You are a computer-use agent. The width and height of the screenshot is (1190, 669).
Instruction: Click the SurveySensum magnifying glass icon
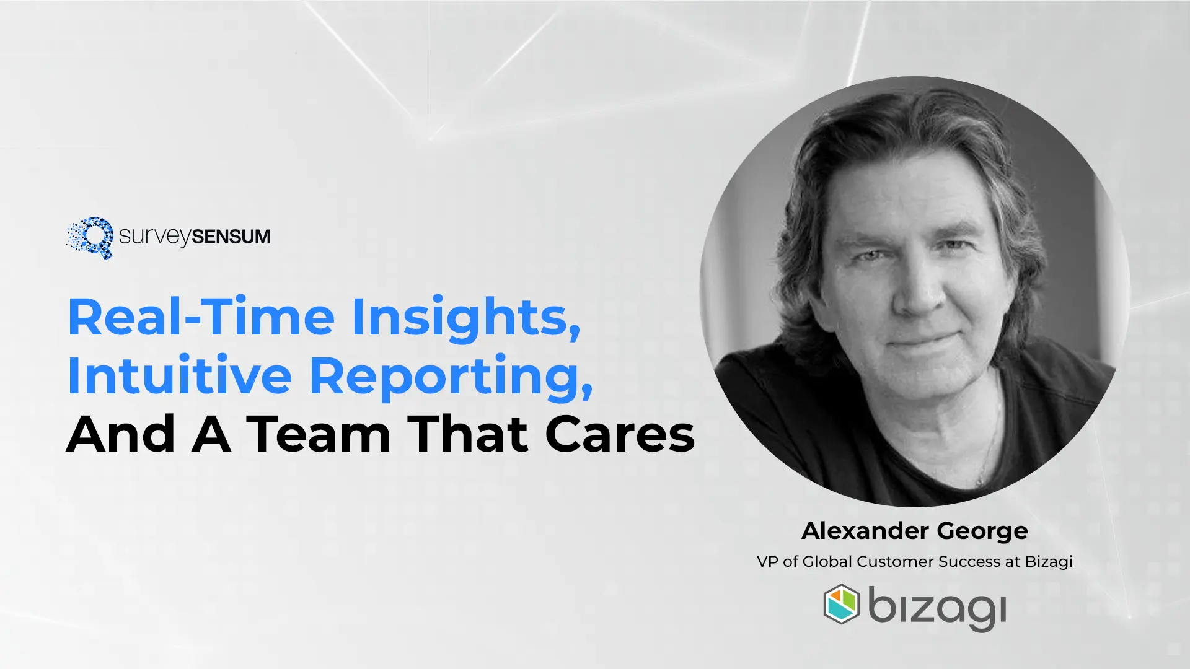pos(90,237)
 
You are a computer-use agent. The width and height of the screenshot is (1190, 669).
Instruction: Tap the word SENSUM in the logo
pos(231,237)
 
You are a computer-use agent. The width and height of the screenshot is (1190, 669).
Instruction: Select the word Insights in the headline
pos(466,317)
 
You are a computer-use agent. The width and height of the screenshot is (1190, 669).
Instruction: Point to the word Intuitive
pos(179,375)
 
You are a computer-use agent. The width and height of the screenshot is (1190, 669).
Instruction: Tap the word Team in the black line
pos(319,434)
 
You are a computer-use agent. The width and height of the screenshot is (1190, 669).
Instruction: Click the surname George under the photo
pos(982,531)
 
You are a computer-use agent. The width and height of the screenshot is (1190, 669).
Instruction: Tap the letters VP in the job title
pos(767,562)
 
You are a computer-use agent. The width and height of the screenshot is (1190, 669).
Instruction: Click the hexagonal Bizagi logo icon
pos(841,604)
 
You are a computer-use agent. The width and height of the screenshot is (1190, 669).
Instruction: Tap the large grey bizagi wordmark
pos(937,607)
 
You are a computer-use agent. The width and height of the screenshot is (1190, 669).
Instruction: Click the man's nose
pos(917,294)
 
